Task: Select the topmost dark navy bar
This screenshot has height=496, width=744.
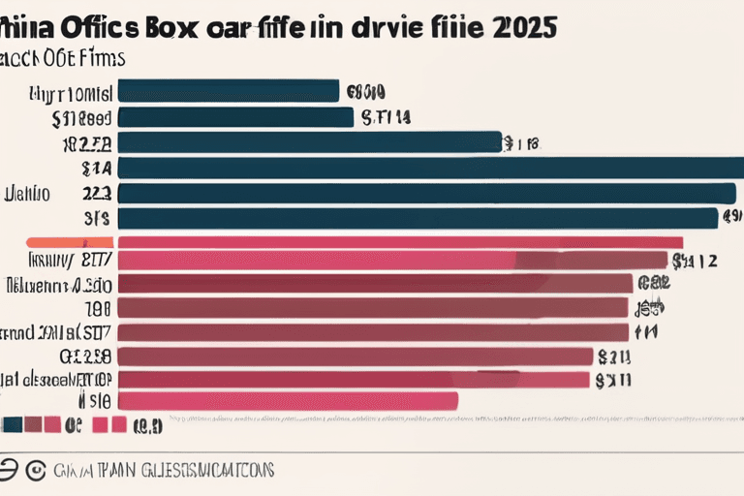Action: tap(228, 92)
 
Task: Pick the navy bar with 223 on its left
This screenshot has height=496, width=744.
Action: tap(426, 193)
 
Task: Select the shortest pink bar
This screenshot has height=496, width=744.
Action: tap(287, 399)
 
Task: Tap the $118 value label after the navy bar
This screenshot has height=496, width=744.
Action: tap(520, 143)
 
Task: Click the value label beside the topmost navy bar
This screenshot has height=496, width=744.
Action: tap(366, 93)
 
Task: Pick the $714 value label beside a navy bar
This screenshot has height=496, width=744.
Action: tap(386, 118)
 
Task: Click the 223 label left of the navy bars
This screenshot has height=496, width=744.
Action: tap(97, 193)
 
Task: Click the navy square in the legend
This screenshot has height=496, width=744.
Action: tap(12, 424)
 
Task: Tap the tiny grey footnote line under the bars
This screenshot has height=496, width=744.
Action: tap(436, 422)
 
